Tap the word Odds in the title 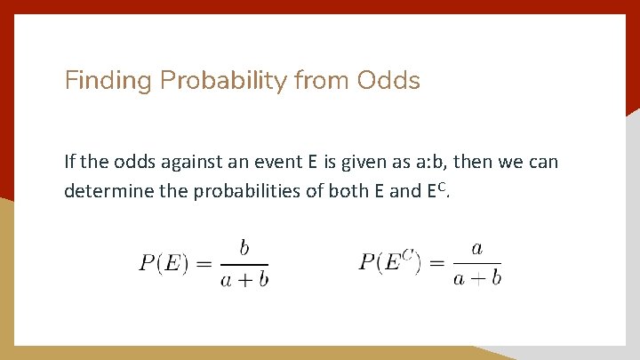point(388,82)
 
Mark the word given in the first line point(372,162)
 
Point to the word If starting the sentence point(70,162)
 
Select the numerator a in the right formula point(476,248)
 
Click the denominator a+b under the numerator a point(476,278)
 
